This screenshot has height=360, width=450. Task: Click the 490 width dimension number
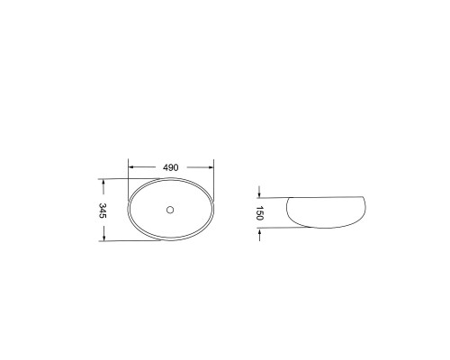170,167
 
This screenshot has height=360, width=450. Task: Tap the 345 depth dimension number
103,211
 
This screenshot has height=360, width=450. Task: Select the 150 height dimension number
259,213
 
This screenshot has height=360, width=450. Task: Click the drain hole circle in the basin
170,210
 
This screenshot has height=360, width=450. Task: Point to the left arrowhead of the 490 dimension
130,167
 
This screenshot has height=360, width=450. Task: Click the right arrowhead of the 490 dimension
211,167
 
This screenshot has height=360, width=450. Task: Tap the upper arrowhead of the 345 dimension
103,182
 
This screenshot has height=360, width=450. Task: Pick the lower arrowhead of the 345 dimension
103,238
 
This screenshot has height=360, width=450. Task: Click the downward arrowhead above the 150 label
259,195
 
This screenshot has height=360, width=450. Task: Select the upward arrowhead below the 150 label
259,230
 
